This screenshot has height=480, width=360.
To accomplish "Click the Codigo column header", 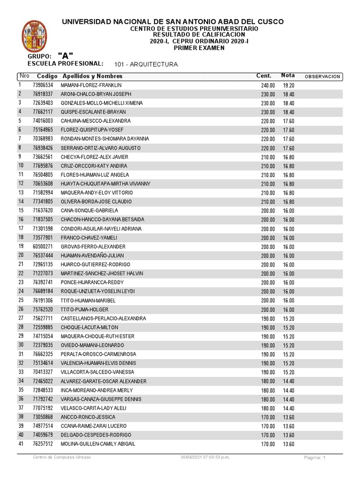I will (x=47, y=76).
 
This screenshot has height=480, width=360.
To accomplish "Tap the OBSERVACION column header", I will (x=322, y=76).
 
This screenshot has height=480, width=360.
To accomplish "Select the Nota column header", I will (x=288, y=75).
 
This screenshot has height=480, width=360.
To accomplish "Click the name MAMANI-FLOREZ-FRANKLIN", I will (x=91, y=85).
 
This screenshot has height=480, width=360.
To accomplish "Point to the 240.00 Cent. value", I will (x=268, y=85).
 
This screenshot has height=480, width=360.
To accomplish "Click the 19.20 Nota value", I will (x=288, y=85).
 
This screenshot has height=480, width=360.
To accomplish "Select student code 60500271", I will (x=43, y=247).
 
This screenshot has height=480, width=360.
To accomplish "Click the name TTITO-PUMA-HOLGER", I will (x=85, y=309).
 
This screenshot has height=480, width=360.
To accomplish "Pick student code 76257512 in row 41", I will (x=43, y=444).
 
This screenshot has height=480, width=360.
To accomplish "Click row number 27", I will (x=21, y=318).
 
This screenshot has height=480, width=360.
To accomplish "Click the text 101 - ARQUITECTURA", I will (x=146, y=64).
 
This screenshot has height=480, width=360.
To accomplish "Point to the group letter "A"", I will (x=66, y=56).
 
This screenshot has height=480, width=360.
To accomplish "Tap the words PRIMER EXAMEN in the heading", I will (x=199, y=48).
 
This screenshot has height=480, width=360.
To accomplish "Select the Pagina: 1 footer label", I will (x=314, y=457).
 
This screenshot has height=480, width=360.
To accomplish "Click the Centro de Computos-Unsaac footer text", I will (x=62, y=457).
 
